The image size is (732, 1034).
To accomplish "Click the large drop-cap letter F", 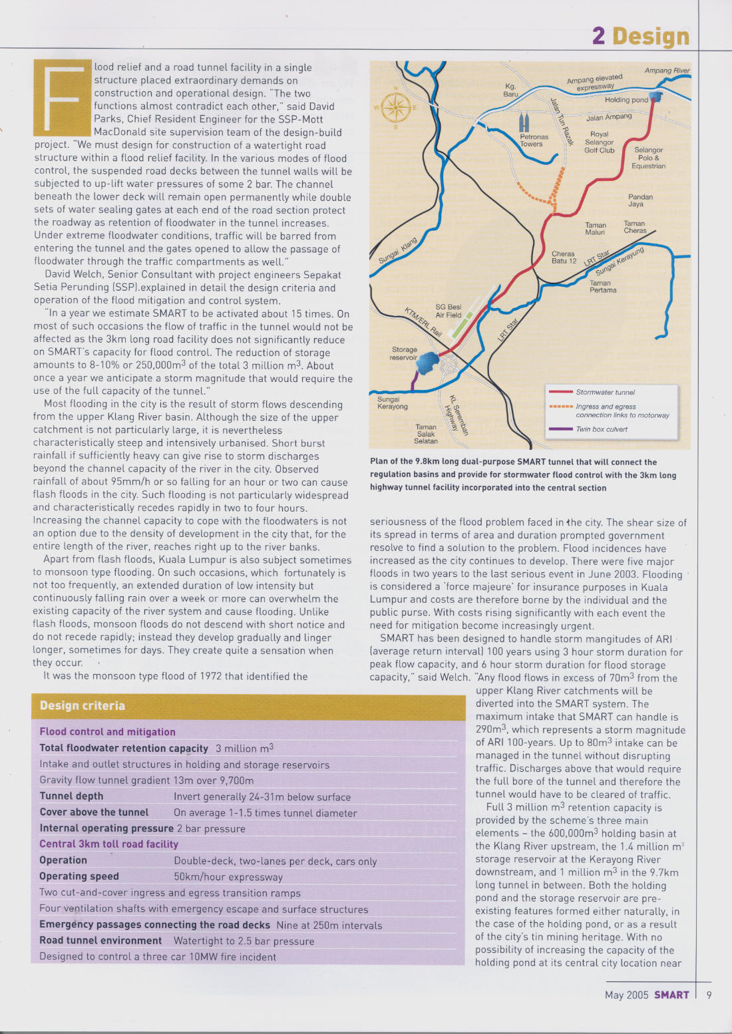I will (63, 97).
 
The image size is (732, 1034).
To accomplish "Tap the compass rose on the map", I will (395, 107).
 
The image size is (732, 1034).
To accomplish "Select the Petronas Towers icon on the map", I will (525, 123).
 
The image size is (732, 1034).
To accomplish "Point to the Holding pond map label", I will (626, 100).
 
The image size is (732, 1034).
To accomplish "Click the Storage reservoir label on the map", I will (404, 353).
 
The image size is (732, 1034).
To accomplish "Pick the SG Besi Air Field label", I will (448, 311).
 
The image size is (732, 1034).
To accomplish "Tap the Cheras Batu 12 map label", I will (564, 258).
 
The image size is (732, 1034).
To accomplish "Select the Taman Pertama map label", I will (602, 287).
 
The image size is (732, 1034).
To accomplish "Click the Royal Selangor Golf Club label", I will (599, 142).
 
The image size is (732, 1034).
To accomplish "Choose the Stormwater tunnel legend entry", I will (605, 393).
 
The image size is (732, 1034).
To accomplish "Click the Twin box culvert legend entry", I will (602, 429).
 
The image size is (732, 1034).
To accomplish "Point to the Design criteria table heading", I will (83, 706).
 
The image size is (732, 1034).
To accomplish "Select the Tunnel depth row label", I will (71, 796).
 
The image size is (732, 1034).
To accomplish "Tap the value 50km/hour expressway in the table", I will (228, 877).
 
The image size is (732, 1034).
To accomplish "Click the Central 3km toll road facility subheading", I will (108, 844).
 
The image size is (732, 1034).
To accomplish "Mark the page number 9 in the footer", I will (709, 995).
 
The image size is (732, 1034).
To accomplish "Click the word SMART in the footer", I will (671, 995).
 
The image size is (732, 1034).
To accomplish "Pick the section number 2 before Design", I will (598, 36).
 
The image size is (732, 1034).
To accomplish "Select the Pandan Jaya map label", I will (640, 201).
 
